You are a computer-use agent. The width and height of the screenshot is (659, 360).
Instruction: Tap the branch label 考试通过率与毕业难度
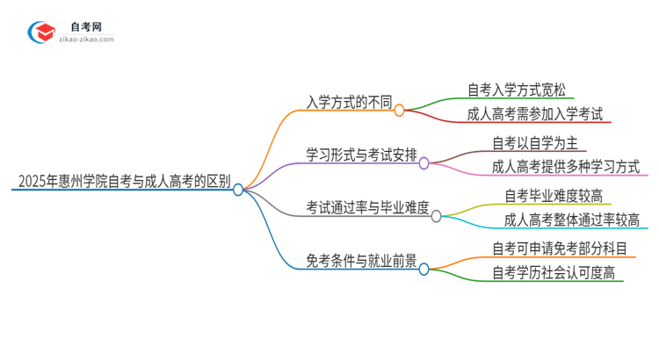[x=367, y=208]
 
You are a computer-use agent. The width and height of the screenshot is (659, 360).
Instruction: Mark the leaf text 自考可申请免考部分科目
[x=561, y=247]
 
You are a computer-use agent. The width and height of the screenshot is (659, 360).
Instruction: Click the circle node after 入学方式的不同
[x=399, y=111]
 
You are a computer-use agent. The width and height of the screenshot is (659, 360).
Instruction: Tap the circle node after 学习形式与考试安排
[x=424, y=163]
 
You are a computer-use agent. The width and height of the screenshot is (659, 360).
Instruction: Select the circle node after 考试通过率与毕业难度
[x=437, y=215]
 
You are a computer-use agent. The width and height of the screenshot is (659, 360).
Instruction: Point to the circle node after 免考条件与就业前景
[x=424, y=268]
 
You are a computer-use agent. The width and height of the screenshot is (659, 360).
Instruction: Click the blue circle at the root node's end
[x=238, y=189]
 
